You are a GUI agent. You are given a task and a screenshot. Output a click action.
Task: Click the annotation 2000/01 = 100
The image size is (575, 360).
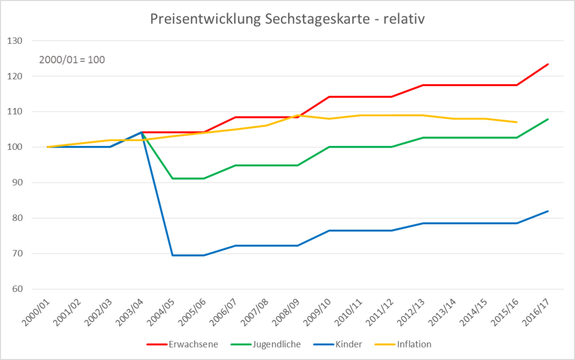click(72, 60)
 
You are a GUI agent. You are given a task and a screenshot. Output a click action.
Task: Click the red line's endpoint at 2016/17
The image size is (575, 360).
click(548, 64)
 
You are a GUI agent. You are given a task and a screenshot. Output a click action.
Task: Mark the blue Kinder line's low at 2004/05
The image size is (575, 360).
click(172, 255)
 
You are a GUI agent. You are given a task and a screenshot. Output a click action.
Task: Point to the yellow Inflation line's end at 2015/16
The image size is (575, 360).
click(517, 122)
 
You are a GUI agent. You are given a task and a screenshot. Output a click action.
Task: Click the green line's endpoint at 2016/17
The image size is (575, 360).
click(548, 119)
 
